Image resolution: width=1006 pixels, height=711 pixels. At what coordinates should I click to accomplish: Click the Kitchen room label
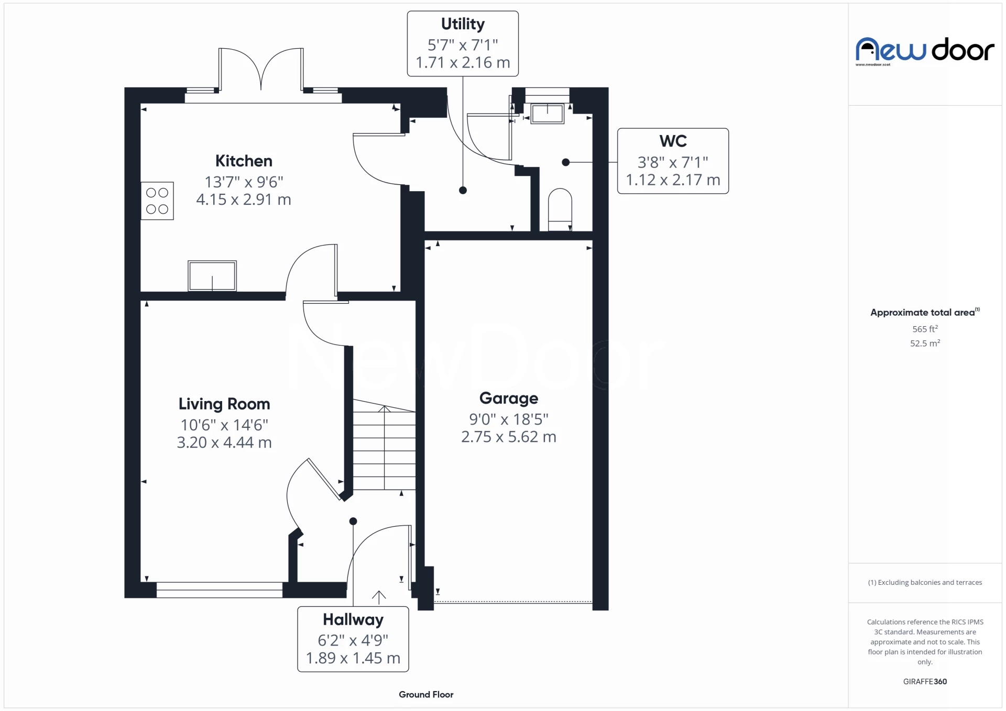coord(244,161)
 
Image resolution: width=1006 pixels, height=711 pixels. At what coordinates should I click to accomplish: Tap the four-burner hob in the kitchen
coord(157,201)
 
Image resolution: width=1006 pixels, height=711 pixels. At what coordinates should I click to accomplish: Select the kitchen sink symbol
coord(212,275)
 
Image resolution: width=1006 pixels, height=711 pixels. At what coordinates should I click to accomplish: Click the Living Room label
coord(224,404)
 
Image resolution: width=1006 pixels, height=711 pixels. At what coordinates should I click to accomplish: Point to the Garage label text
coord(508,398)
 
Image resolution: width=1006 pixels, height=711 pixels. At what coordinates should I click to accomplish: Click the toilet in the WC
coord(560,209)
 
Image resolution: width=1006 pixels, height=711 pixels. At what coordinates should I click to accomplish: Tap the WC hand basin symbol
coord(548,114)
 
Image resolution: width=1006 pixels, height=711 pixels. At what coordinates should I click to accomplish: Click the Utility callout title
coord(463,24)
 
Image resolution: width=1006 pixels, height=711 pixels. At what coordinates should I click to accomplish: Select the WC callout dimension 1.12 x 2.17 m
coord(673,180)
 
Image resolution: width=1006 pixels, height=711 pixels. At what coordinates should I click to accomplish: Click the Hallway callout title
coord(353,619)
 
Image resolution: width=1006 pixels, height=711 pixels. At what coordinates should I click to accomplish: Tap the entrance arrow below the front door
coord(379,597)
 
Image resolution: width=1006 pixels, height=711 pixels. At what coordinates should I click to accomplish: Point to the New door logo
coord(925,51)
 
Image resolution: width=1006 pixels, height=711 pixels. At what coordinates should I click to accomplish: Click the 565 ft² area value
coord(925,329)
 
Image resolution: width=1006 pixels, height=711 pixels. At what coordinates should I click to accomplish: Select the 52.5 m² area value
coord(925,343)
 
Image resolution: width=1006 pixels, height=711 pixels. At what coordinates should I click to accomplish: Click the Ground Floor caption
coord(426,694)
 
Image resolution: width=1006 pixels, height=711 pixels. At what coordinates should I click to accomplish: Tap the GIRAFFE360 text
coord(925,681)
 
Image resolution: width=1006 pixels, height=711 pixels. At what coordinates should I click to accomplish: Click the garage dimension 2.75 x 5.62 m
coord(508,437)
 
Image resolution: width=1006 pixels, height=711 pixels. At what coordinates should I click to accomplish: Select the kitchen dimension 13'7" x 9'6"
coord(244,182)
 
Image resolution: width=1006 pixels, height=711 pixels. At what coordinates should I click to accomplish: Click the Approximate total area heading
coord(923,313)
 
